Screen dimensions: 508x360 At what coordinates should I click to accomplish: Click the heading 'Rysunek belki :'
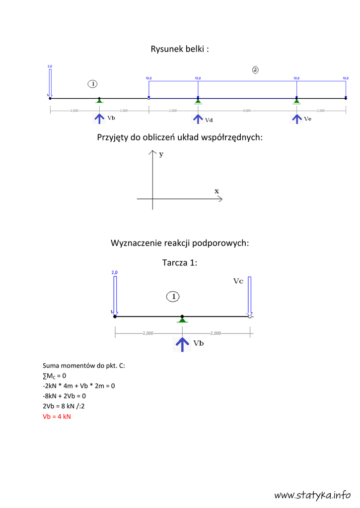(x=180, y=49)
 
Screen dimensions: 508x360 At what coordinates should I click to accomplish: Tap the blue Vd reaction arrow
(x=198, y=119)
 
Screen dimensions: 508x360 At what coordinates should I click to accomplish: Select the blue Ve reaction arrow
(x=296, y=119)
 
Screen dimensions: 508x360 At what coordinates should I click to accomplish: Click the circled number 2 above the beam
(x=255, y=69)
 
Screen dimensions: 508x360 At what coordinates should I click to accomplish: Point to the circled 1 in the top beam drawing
(x=93, y=83)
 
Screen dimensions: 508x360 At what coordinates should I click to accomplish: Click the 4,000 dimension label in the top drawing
(x=247, y=111)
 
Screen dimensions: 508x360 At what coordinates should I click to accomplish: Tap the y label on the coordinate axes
(x=161, y=154)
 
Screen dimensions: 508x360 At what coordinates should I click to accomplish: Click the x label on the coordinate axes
(x=216, y=190)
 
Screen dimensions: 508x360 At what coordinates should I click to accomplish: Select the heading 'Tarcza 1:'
(x=180, y=262)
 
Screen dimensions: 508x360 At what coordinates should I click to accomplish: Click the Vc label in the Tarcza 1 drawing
(x=238, y=281)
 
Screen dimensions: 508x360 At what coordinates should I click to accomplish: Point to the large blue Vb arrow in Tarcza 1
(x=183, y=343)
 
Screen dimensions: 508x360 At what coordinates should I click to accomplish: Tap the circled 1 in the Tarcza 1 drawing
(x=172, y=297)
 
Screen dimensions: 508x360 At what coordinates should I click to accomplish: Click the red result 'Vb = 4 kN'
(x=57, y=416)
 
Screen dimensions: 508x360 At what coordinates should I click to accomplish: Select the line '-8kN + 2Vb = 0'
(x=65, y=396)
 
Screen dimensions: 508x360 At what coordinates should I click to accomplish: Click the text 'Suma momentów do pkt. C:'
(x=84, y=365)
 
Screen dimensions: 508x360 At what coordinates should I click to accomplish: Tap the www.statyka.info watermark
(x=312, y=494)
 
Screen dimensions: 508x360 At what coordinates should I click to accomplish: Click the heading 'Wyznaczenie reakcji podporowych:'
(x=180, y=243)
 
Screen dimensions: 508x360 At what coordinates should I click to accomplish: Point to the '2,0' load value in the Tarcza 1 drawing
(x=114, y=272)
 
